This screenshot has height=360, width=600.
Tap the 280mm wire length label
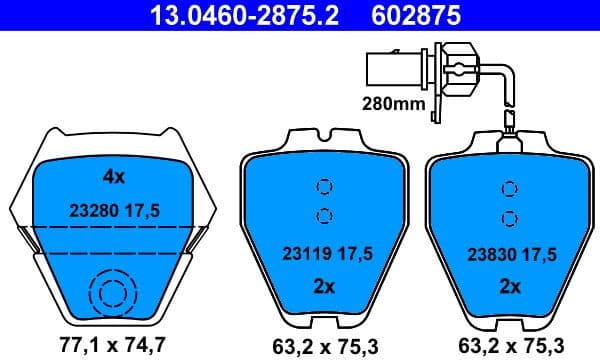392,102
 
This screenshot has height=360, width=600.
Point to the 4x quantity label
113,177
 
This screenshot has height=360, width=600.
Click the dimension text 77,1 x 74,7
112,347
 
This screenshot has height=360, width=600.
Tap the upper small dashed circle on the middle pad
323,186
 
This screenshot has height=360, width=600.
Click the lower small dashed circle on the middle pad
323,214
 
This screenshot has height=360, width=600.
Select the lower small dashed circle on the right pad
509,217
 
